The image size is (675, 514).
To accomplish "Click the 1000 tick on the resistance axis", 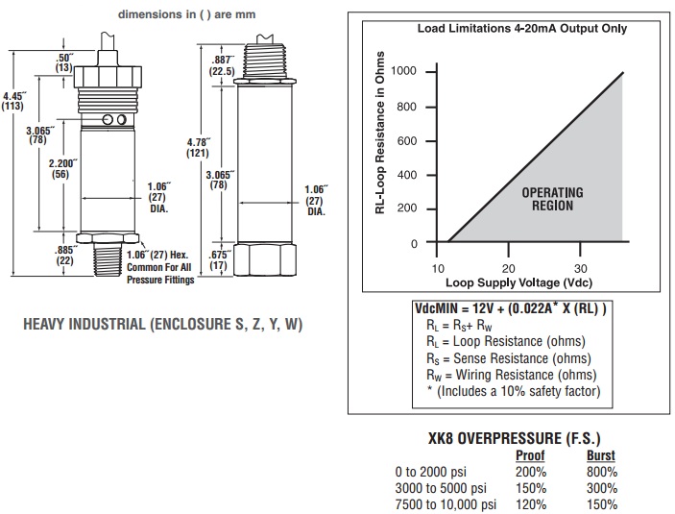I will (x=404, y=72).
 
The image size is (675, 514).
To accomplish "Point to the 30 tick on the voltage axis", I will (x=580, y=268).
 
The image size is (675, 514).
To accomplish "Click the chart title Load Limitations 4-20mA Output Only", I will (x=521, y=28).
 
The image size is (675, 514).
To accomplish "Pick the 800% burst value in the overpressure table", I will (x=600, y=472).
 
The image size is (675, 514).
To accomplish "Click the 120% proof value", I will (x=531, y=503).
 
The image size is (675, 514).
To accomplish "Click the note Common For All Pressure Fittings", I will (x=160, y=274).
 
